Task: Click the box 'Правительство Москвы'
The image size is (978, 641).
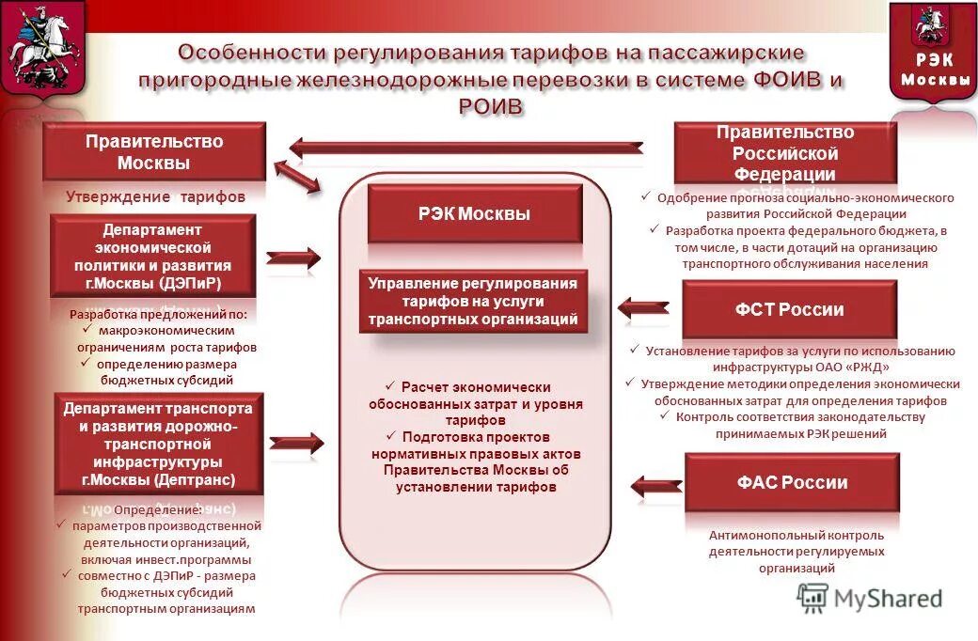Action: click(154, 152)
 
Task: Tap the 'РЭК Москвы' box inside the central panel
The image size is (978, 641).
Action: click(474, 214)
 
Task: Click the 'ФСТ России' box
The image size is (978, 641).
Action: click(789, 310)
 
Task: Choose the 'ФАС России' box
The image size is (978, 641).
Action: click(792, 483)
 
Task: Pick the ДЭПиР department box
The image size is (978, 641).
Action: click(152, 256)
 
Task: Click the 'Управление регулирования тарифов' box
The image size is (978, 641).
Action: click(474, 303)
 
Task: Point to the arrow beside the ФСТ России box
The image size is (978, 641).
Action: click(643, 306)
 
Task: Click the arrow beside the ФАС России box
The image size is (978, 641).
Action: click(655, 485)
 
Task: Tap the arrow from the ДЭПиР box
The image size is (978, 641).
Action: click(293, 257)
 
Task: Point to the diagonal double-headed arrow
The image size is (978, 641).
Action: click(297, 176)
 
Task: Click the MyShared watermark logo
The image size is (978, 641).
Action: click(869, 599)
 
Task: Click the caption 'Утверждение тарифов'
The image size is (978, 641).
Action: click(155, 197)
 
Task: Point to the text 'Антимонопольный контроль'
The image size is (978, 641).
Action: click(797, 535)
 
